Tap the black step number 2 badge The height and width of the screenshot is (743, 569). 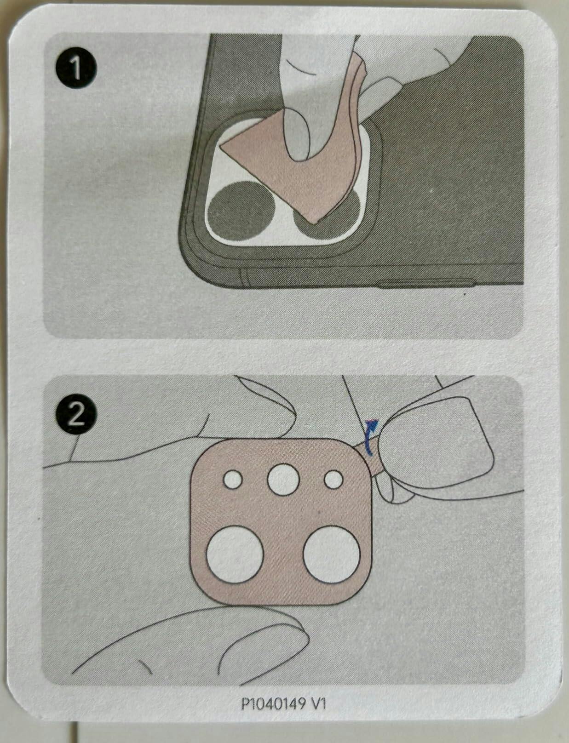76,416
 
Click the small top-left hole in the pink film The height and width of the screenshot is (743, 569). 233,480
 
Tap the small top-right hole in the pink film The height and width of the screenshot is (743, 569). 333,480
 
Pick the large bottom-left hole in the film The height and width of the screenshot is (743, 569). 235,554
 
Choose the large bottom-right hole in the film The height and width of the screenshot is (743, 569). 332,554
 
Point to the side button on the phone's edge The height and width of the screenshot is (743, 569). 426,284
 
